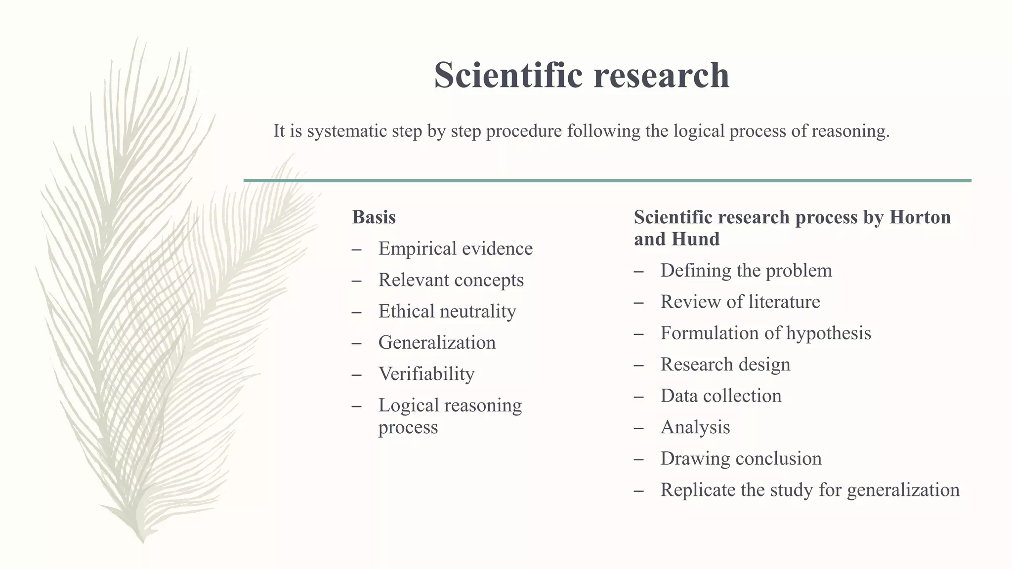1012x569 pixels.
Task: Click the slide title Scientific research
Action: pyautogui.click(x=582, y=75)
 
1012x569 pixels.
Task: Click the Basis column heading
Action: pyautogui.click(x=374, y=217)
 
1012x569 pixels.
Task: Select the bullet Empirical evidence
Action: pyautogui.click(x=455, y=248)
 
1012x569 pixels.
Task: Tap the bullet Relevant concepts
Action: pyautogui.click(x=451, y=280)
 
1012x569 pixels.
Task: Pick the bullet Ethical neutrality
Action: pyautogui.click(x=447, y=311)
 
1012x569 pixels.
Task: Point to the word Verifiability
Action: pyautogui.click(x=426, y=374)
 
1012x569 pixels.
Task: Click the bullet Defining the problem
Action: pyautogui.click(x=746, y=271)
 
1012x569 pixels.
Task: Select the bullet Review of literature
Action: pyautogui.click(x=740, y=302)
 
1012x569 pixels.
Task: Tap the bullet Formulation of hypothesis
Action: pyautogui.click(x=765, y=333)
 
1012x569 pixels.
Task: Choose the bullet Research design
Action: pyautogui.click(x=725, y=365)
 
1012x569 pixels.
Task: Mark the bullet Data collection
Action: pyautogui.click(x=720, y=396)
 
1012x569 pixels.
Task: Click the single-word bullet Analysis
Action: pyautogui.click(x=695, y=427)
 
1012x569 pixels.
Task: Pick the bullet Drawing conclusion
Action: pyautogui.click(x=741, y=459)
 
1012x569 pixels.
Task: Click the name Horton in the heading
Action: pyautogui.click(x=920, y=217)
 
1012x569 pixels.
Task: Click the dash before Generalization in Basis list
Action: pyautogui.click(x=357, y=343)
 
